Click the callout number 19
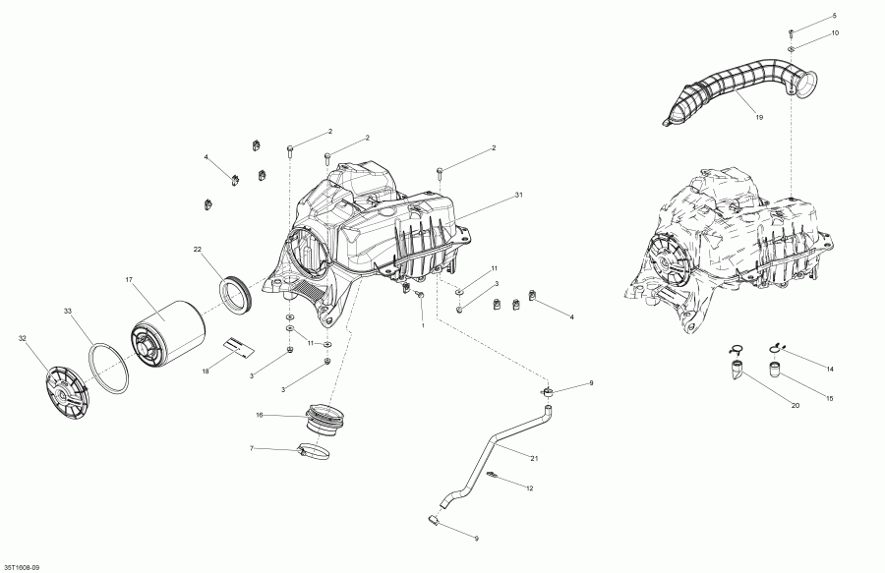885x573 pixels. click(759, 118)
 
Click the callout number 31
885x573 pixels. click(518, 196)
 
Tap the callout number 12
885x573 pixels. click(530, 488)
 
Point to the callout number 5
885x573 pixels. click(835, 17)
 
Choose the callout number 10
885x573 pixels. click(835, 33)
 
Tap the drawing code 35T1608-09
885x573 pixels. click(22, 567)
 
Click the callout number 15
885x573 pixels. click(830, 399)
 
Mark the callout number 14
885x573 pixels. click(830, 369)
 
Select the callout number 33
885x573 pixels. click(68, 312)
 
